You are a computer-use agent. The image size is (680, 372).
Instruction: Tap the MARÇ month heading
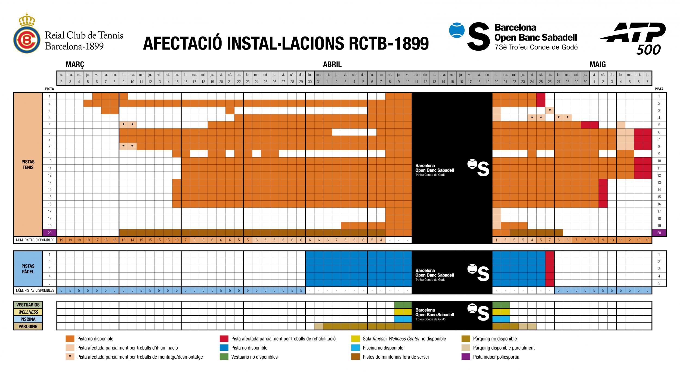point(75,64)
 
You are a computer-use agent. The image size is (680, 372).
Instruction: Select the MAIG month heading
point(597,64)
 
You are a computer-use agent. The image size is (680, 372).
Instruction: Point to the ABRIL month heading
point(332,64)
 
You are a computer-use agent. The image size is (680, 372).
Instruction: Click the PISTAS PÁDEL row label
point(28,269)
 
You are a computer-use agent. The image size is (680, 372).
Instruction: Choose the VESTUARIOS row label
point(28,305)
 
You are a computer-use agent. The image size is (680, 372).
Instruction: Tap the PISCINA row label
point(28,319)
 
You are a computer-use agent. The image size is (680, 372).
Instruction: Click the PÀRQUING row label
point(28,326)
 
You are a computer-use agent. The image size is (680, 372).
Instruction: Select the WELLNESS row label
point(28,312)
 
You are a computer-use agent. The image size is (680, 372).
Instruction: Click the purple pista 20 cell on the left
point(50,233)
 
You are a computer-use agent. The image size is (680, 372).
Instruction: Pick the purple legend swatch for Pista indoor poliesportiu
point(466,357)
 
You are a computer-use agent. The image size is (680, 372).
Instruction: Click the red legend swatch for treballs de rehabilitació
point(224,339)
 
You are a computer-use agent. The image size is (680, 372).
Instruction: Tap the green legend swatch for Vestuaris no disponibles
point(224,357)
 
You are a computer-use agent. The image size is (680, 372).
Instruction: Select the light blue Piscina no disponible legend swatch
point(355,348)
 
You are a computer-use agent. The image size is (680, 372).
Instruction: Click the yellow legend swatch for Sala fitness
point(355,339)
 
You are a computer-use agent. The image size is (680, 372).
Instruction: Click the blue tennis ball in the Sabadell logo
point(457,30)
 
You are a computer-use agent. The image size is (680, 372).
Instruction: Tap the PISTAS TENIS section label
point(28,164)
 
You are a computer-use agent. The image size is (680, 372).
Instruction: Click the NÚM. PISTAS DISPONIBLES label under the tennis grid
point(35,240)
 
